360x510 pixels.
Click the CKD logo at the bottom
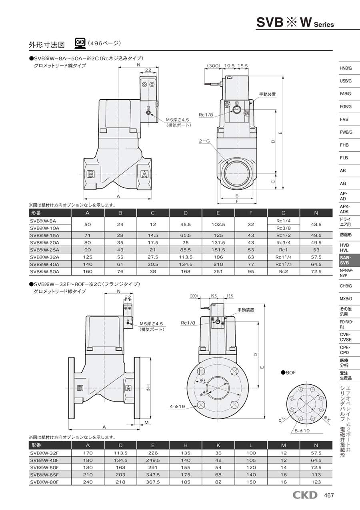[305, 495]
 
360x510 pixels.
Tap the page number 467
[328, 496]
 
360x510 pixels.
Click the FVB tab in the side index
[344, 119]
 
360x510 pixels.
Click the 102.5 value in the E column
[218, 224]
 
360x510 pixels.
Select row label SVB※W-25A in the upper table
[44, 249]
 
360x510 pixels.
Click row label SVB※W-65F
[44, 475]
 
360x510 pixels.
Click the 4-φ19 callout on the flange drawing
[178, 406]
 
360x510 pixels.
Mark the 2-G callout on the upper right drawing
[204, 141]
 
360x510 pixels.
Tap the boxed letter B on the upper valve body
[90, 174]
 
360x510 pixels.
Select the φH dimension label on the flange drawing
[148, 386]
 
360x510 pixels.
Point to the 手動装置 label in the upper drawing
[267, 94]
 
